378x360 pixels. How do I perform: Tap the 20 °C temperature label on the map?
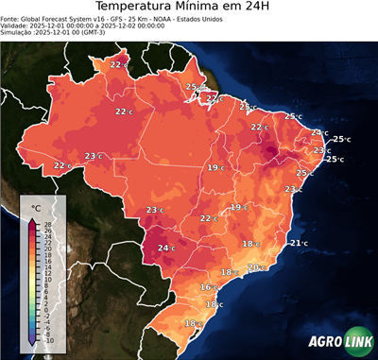click(x=255, y=267)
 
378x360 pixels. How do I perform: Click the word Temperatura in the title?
click(x=143, y=9)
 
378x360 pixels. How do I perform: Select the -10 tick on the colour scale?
click(x=49, y=340)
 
